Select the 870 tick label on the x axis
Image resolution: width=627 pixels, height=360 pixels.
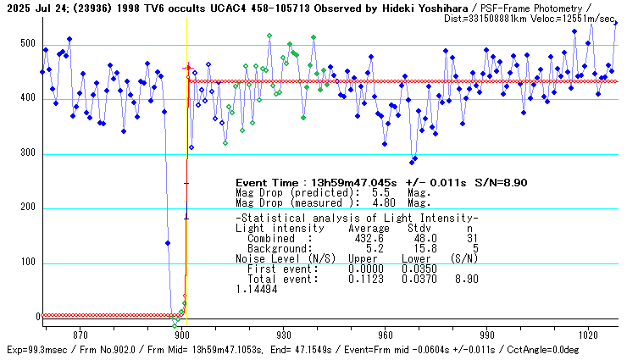click(x=80, y=335)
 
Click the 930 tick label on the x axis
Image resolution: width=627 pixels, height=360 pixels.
click(x=284, y=335)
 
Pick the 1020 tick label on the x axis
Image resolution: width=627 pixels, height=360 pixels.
click(x=589, y=335)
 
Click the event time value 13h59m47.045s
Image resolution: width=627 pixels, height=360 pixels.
click(x=352, y=182)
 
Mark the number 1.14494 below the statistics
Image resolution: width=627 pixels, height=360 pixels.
click(x=258, y=289)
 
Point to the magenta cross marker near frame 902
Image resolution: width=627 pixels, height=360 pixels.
click(x=188, y=67)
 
